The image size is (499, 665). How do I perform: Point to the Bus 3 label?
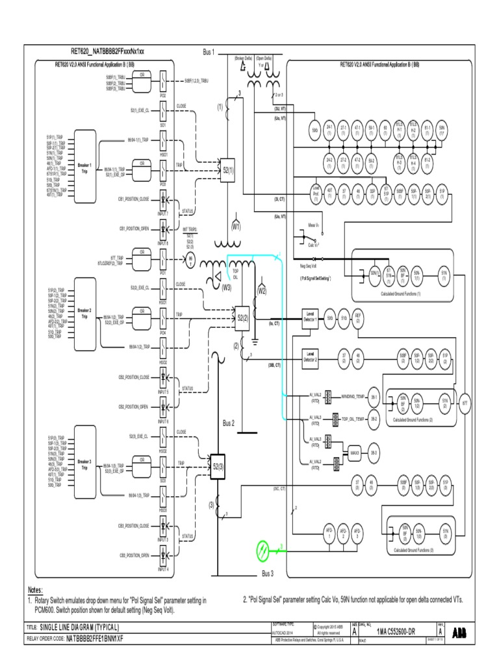click(268, 574)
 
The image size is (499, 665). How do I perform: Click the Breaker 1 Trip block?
click(86, 168)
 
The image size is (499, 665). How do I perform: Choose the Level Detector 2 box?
click(310, 357)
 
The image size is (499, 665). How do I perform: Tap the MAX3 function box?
click(355, 452)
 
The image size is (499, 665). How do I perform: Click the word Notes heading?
click(34, 590)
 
